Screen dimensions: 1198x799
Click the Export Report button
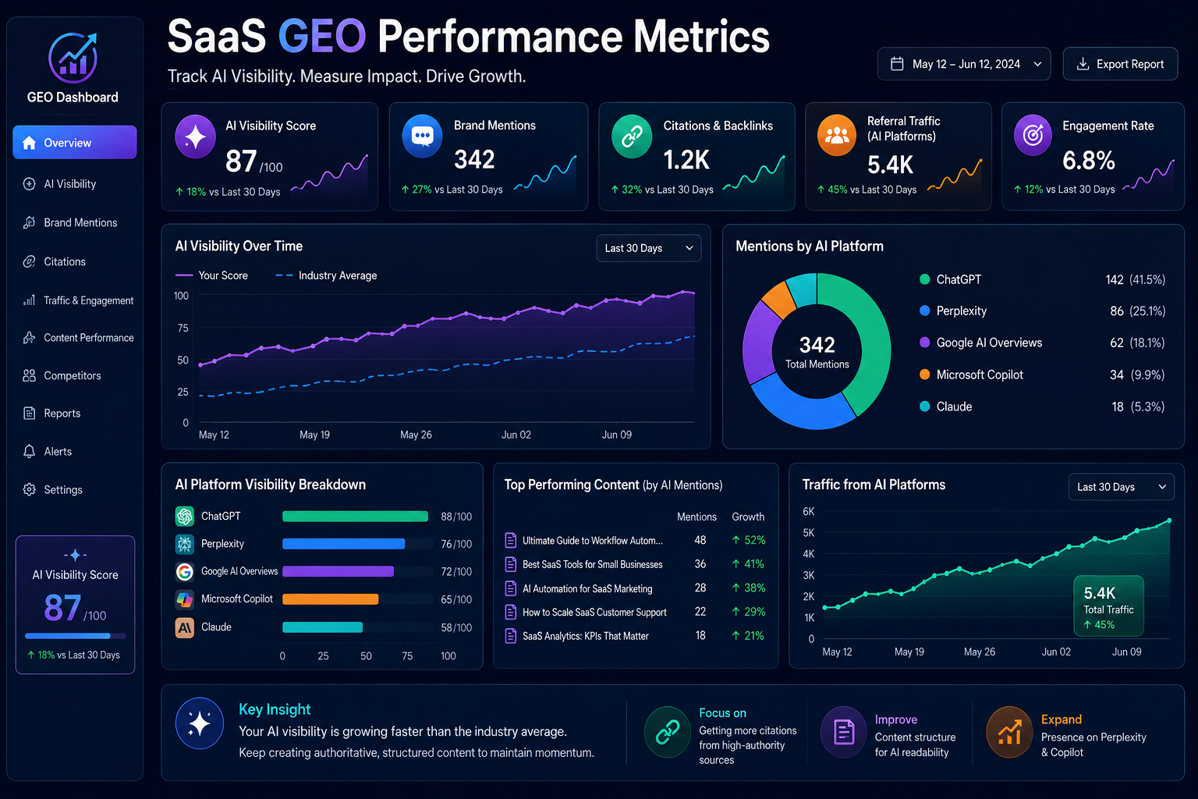(1120, 64)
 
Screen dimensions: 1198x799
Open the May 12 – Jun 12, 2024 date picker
(964, 64)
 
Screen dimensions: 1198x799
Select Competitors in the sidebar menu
(73, 375)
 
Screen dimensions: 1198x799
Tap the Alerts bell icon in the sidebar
(30, 451)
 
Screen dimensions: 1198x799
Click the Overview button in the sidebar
(75, 142)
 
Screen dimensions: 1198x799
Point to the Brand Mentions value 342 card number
(474, 159)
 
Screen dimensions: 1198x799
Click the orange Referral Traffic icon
(836, 136)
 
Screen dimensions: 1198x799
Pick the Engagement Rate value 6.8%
(1088, 161)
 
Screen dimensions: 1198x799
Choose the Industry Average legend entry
(326, 275)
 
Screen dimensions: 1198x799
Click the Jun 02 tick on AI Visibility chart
(516, 435)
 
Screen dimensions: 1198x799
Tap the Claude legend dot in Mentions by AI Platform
(925, 407)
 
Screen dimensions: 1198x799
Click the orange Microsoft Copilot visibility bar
(331, 598)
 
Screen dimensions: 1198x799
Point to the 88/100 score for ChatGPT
(456, 517)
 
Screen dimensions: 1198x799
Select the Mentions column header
(696, 517)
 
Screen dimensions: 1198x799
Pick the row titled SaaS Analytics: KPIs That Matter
(585, 636)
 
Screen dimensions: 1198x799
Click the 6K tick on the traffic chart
(808, 512)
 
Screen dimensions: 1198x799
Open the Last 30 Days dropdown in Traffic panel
(1121, 487)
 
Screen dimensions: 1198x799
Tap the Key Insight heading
(275, 709)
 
